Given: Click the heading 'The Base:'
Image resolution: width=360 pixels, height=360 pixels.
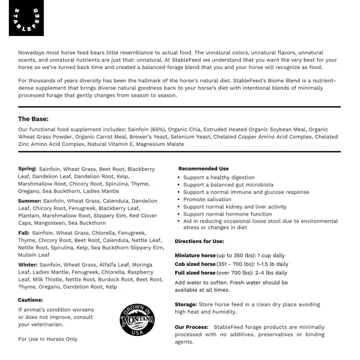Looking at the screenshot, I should pyautogui.click(x=33, y=119).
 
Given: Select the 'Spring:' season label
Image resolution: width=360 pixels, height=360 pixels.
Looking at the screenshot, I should pyautogui.click(x=28, y=169).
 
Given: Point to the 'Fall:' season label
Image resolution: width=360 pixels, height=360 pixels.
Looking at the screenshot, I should pyautogui.click(x=24, y=232).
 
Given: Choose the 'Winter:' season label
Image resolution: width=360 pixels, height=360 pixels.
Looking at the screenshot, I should pyautogui.click(x=28, y=264).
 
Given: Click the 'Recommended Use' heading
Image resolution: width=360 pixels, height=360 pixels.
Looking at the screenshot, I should pyautogui.click(x=203, y=169).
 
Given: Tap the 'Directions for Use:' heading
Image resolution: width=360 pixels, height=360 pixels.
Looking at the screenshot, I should pyautogui.click(x=199, y=241).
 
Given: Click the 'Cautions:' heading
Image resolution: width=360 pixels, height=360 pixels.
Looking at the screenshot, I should pyautogui.click(x=31, y=299).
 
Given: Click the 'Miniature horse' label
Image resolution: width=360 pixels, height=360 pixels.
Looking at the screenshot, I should pyautogui.click(x=199, y=255).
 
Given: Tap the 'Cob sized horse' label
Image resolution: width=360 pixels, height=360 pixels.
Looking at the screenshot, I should pyautogui.click(x=196, y=263).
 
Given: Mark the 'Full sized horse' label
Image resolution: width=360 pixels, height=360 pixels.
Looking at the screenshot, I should pyautogui.click(x=196, y=272).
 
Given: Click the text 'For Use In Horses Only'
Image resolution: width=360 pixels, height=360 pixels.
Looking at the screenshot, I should pyautogui.click(x=48, y=339).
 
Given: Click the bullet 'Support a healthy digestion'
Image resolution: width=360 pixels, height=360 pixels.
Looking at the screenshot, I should pyautogui.click(x=219, y=178).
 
